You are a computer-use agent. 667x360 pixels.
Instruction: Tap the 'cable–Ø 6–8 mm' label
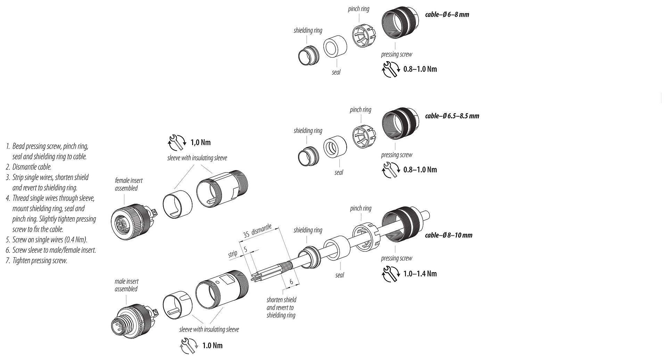(x=447, y=15)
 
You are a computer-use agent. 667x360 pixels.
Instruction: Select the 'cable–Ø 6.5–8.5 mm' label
(x=452, y=116)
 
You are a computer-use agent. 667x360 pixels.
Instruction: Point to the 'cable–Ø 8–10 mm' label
(x=448, y=235)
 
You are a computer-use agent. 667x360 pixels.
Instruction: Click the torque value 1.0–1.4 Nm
(x=420, y=274)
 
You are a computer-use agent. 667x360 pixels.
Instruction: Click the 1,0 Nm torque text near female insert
(x=200, y=142)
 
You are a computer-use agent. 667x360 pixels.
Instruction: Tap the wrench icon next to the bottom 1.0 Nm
(x=188, y=345)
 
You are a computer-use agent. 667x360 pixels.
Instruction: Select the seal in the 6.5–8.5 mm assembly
(x=335, y=147)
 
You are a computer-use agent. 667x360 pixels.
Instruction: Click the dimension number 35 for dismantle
(x=246, y=234)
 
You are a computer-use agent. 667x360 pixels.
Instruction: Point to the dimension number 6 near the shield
(x=291, y=282)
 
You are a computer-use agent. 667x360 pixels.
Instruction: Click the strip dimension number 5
(x=245, y=249)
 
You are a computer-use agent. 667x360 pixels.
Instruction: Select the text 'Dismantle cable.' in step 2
(x=32, y=167)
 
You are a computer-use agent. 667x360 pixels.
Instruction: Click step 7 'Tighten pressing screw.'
(x=40, y=260)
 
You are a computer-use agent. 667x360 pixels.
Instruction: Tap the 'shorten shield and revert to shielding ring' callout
(x=281, y=307)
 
